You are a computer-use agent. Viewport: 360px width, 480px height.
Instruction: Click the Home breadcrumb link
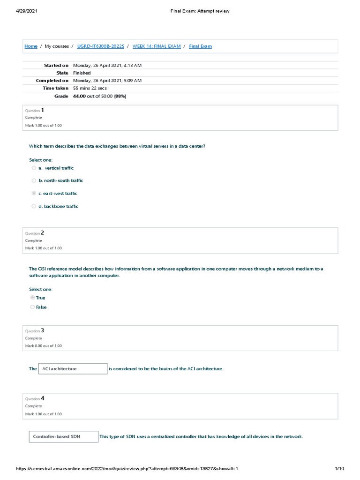click(31, 46)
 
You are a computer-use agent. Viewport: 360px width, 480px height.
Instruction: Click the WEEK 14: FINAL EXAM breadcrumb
click(157, 46)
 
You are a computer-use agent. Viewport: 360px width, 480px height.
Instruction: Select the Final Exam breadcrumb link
click(200, 46)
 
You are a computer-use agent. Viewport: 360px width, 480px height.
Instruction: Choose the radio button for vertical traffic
click(34, 168)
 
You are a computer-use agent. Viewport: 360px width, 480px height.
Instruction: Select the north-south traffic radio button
click(34, 180)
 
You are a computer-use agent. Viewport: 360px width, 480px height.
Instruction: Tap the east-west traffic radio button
click(34, 193)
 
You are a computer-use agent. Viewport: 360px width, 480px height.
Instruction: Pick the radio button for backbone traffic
click(34, 206)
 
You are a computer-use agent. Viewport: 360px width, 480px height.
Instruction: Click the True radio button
click(32, 298)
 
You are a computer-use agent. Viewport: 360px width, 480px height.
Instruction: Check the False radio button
click(32, 307)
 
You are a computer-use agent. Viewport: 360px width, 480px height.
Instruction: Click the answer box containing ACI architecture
click(73, 369)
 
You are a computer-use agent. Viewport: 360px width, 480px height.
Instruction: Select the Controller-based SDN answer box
click(64, 437)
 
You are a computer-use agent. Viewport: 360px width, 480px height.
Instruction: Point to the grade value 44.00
click(79, 96)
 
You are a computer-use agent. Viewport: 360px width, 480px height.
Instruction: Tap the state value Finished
click(82, 73)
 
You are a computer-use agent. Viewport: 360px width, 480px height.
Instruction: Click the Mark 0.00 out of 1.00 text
click(43, 346)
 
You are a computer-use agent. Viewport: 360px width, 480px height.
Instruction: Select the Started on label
click(56, 66)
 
